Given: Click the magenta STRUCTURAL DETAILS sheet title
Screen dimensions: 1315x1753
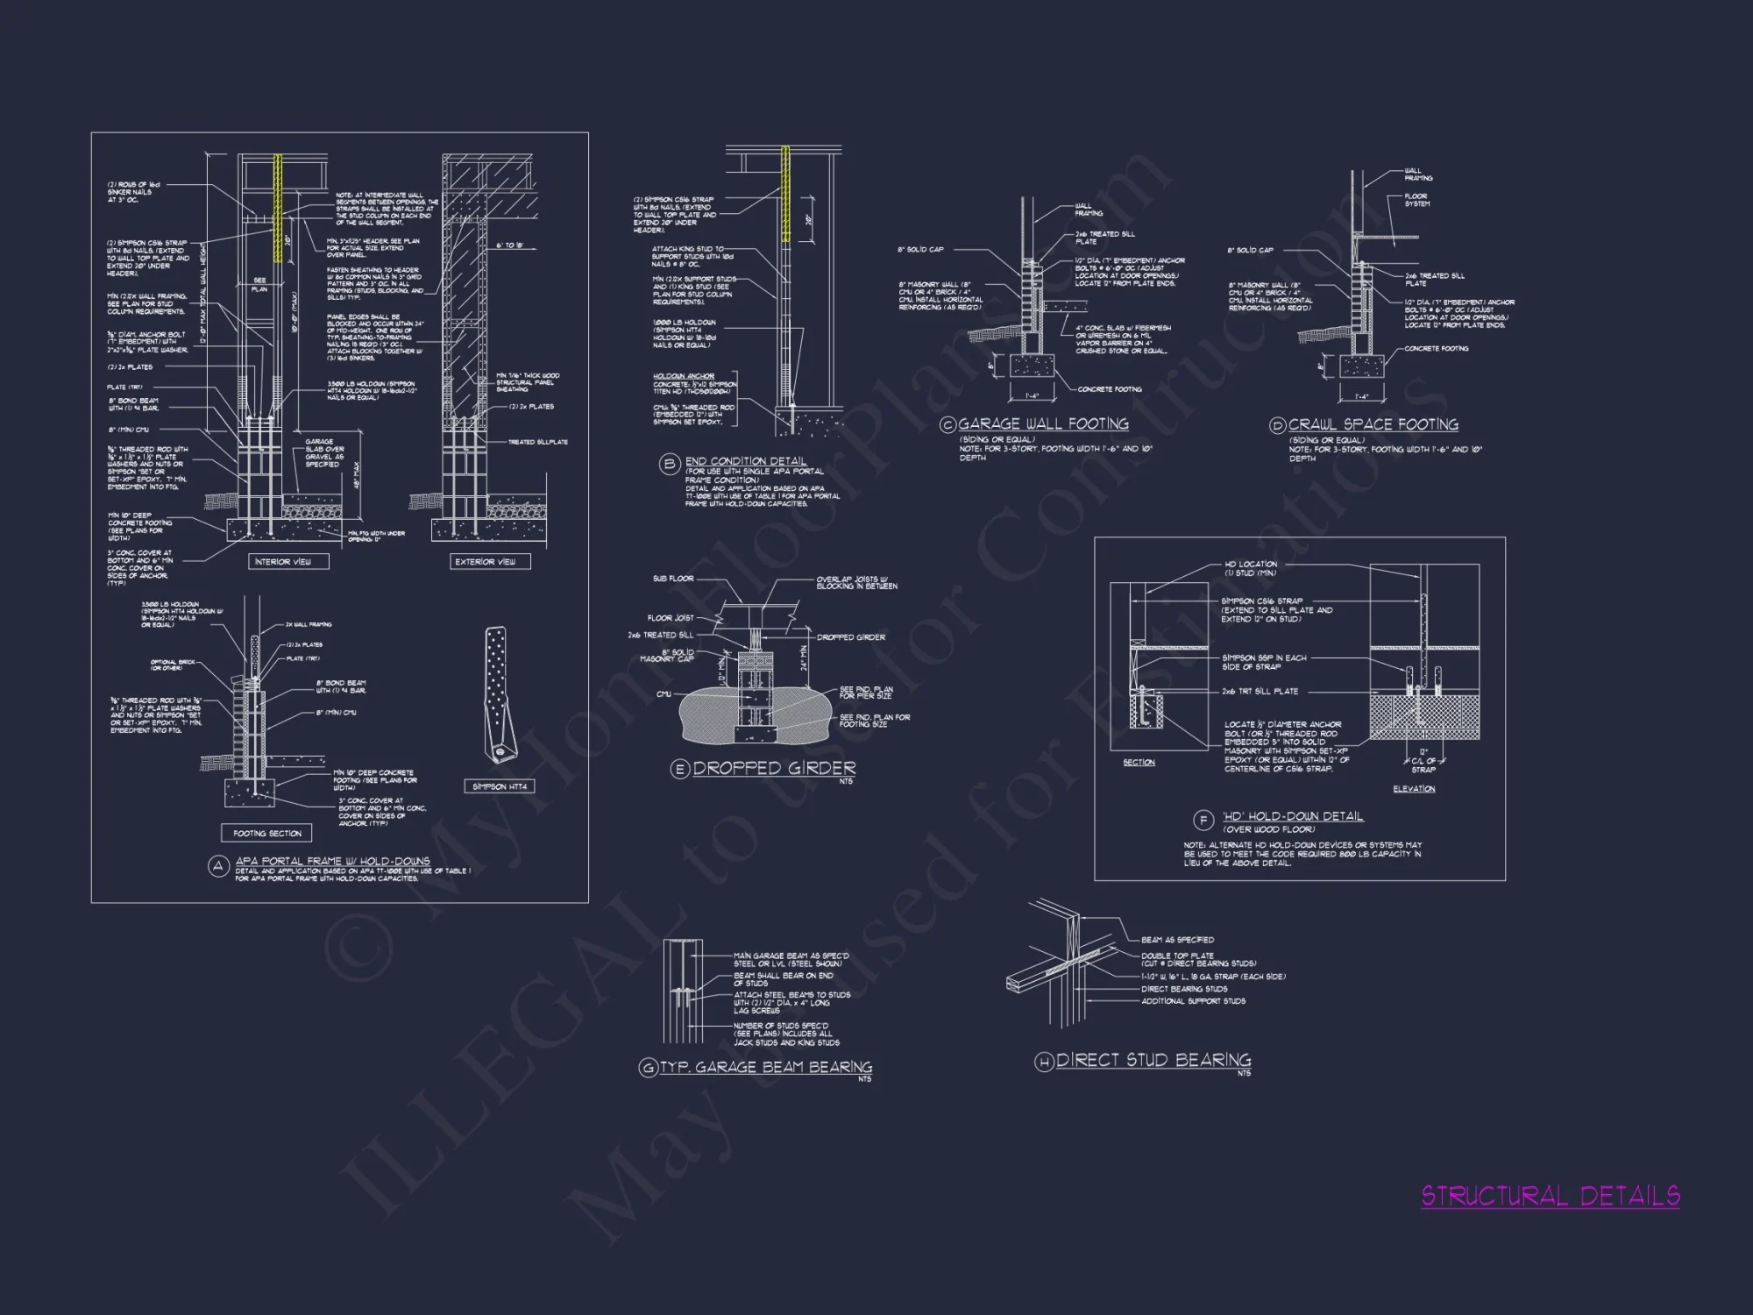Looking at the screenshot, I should click(x=1550, y=1196).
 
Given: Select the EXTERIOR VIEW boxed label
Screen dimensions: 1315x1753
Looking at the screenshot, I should click(x=485, y=561).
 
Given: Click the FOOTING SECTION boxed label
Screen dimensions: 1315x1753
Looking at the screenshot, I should click(x=267, y=833).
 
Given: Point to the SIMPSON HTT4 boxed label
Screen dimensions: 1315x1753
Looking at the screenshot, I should click(x=500, y=786).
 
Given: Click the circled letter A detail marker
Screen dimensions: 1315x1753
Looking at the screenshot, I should click(x=218, y=866).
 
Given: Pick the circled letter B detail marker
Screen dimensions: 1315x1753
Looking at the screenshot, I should click(x=671, y=465).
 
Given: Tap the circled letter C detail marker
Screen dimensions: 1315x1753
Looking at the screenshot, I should click(x=947, y=425).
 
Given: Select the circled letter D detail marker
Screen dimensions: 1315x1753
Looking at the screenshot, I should click(x=1277, y=426).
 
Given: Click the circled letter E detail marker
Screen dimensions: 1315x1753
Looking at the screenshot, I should click(x=679, y=770).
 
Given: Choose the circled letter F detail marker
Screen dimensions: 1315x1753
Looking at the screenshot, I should click(x=1204, y=821).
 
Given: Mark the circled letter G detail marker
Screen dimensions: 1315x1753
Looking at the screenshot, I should click(x=648, y=1068).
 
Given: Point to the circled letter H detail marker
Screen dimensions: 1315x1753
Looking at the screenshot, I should click(x=1044, y=1063).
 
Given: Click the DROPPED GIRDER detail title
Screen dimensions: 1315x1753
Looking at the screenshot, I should click(x=774, y=768).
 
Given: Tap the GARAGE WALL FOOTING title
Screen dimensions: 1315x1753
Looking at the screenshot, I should click(x=1043, y=423).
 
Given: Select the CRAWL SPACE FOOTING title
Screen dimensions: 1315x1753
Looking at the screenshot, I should click(x=1373, y=424).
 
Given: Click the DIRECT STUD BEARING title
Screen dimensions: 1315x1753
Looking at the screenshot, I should click(x=1153, y=1060).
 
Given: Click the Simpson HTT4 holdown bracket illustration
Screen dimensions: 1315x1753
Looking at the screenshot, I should click(x=500, y=693).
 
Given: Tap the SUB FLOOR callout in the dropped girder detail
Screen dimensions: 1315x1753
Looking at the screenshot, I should click(x=673, y=579).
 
